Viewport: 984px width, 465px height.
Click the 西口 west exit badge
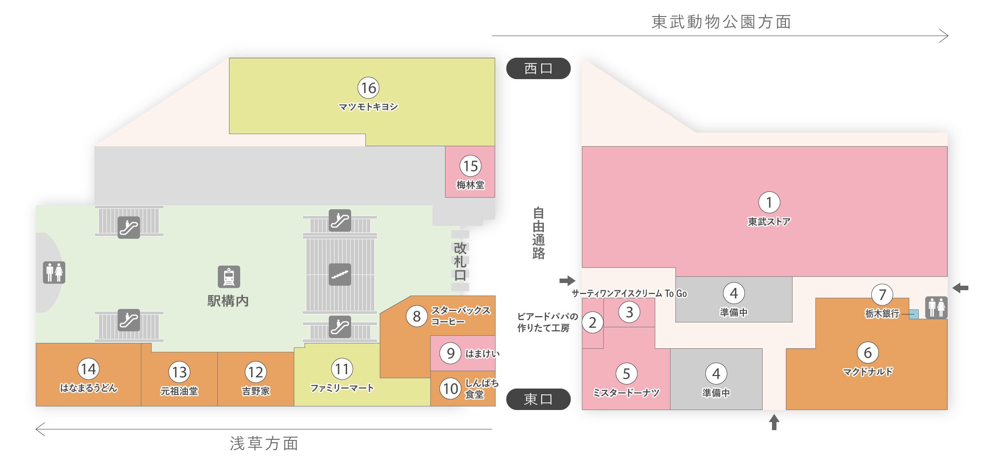[x=538, y=68]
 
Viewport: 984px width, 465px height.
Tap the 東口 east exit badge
[x=538, y=399]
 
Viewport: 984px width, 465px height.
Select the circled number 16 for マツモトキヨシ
[x=369, y=88]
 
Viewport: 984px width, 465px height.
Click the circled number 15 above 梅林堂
[x=471, y=166]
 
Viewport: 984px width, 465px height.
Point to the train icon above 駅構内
[x=229, y=277]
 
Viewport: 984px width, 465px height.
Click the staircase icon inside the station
[x=340, y=275]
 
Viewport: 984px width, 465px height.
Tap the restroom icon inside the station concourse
[x=54, y=272]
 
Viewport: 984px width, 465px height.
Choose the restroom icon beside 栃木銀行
[x=937, y=307]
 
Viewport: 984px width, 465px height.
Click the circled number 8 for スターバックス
[x=417, y=316]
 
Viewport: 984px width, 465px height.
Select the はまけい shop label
[x=482, y=354]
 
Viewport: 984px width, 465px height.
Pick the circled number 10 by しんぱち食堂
[x=450, y=388]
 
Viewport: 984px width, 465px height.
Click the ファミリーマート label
[x=342, y=388]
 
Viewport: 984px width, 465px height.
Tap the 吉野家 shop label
[x=256, y=391]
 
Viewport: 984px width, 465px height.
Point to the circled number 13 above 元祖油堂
[x=179, y=372]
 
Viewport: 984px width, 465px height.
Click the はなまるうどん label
[x=89, y=388]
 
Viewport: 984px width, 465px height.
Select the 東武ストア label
[x=769, y=222]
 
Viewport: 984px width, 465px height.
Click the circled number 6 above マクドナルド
[x=868, y=353]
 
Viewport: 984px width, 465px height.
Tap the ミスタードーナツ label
[x=626, y=393]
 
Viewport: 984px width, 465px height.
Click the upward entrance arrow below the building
[x=774, y=422]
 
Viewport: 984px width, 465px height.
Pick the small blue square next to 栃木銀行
[x=914, y=314]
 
